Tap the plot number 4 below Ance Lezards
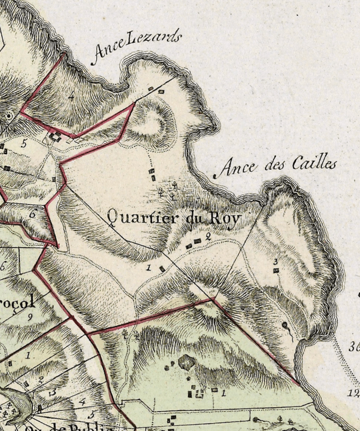point(71,96)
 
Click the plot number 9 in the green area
point(29,317)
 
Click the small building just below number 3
point(276,270)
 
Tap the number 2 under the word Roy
point(208,236)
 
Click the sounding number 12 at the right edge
point(354,393)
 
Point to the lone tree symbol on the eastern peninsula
point(284,326)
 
